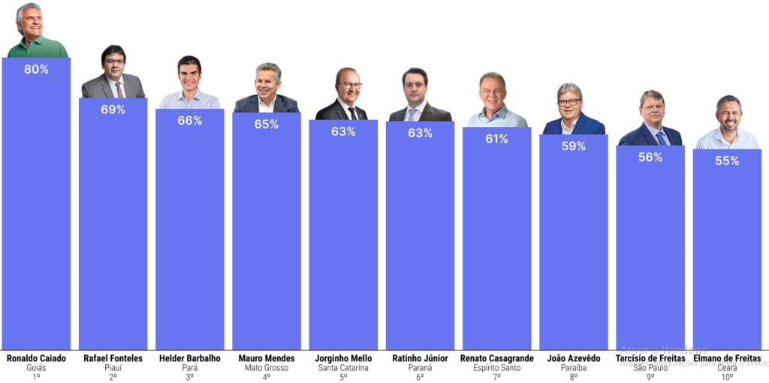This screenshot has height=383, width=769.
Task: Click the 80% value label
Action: point(36,69)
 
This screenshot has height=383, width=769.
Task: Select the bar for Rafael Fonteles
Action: point(113,225)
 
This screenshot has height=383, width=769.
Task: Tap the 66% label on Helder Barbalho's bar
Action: point(189,120)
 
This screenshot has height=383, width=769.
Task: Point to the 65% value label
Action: point(266,124)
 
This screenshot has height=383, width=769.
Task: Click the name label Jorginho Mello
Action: point(343,358)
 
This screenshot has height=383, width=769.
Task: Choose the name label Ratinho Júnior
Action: point(420,358)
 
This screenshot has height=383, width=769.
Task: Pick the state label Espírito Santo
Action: point(496,368)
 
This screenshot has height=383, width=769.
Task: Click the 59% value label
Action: point(573,146)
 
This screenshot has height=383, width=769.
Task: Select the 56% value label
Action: point(650,157)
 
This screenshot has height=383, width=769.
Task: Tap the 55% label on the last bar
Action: point(727,161)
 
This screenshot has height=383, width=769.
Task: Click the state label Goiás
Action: point(36,368)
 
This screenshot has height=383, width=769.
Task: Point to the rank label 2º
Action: point(113,377)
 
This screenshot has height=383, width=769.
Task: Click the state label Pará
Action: point(189,368)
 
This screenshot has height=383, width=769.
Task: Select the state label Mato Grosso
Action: point(266,368)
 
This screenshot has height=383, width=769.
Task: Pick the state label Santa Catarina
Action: point(343,368)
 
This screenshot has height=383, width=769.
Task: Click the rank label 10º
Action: point(727,377)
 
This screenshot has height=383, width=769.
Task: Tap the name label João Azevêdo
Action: point(573,358)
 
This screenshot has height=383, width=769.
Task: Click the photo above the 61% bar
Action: point(496,101)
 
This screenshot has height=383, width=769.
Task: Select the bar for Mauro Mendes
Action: point(266,233)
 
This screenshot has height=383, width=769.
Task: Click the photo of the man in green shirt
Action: point(35,32)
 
